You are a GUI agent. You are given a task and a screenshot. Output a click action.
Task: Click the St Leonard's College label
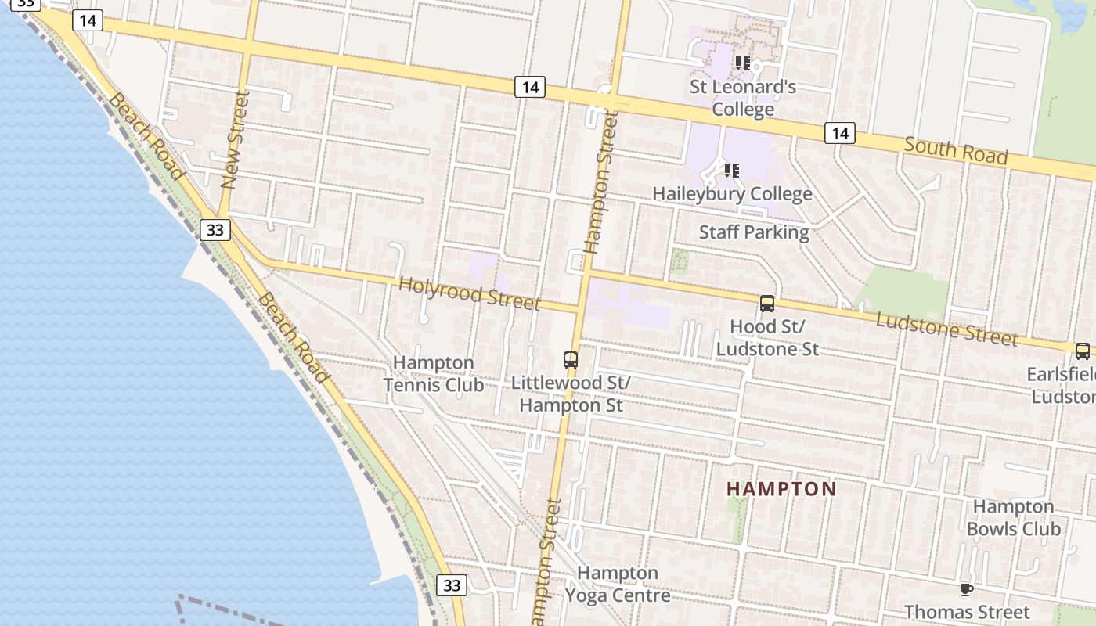click(742, 98)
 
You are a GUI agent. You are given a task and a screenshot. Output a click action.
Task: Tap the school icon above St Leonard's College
click(742, 63)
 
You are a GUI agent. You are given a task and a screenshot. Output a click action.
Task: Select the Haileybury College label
click(732, 193)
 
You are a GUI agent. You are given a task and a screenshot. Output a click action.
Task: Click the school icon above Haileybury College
click(732, 170)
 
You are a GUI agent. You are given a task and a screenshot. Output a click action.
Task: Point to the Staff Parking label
click(754, 232)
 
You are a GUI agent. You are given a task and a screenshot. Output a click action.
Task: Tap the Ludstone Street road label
click(946, 329)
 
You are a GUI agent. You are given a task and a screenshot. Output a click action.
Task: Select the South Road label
click(955, 149)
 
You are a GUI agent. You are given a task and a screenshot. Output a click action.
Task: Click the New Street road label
click(235, 139)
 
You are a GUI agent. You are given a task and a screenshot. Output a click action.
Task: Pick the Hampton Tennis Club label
click(434, 373)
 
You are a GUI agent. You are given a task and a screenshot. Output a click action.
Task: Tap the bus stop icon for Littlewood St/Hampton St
click(571, 360)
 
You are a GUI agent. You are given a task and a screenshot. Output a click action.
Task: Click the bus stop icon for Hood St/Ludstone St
click(767, 304)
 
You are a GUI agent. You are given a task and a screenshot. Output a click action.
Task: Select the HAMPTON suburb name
click(781, 489)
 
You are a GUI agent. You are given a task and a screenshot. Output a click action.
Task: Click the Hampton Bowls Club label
click(1013, 518)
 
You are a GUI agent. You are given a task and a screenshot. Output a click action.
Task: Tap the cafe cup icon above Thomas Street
click(967, 588)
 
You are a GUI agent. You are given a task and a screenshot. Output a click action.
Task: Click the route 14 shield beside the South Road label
click(839, 133)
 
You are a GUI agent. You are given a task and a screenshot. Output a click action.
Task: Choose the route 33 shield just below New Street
click(215, 229)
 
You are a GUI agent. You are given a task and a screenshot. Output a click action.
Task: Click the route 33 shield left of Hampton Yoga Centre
click(452, 585)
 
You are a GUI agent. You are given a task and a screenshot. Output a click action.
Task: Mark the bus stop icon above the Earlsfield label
click(1082, 351)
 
